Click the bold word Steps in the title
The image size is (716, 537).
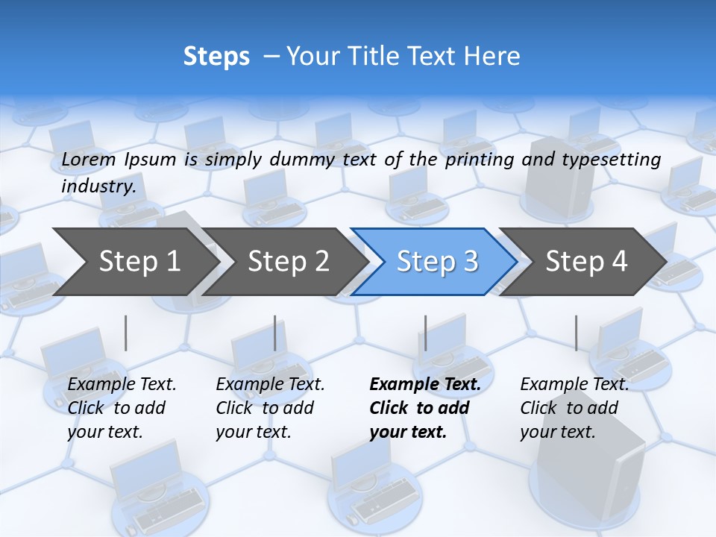[216, 57]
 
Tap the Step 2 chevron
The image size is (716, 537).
[288, 262]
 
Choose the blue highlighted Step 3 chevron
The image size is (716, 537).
[436, 262]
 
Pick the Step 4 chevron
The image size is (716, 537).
[585, 262]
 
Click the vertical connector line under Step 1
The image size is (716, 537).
[126, 333]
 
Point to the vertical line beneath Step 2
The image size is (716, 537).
[275, 333]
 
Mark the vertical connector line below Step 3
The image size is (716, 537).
[425, 333]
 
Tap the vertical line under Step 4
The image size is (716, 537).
[576, 333]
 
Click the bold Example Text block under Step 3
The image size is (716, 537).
[425, 408]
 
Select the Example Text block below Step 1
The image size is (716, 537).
[122, 408]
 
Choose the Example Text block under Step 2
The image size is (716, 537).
[270, 408]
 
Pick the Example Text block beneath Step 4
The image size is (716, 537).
[574, 408]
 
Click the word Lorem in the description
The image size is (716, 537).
[89, 160]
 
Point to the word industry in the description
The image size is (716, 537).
[98, 186]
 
